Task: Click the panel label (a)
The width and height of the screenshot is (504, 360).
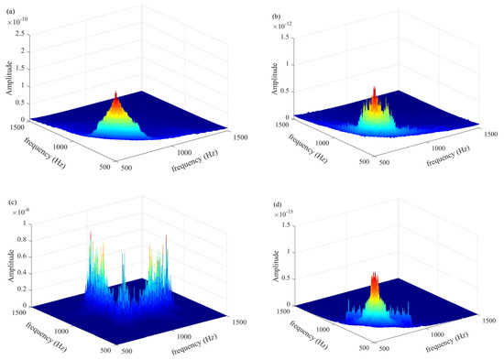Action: [x=10, y=12]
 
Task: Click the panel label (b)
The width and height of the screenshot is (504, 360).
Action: [x=276, y=16]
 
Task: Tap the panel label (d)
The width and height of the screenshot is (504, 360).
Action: [x=277, y=204]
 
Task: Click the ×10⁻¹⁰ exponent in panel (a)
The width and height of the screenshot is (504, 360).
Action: [x=17, y=22]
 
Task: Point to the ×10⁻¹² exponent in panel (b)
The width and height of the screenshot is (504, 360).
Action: [x=283, y=26]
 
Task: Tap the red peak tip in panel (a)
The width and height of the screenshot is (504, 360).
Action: [x=116, y=93]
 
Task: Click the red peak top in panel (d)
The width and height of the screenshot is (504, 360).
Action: [x=374, y=274]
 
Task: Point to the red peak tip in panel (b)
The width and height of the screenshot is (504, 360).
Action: [x=375, y=87]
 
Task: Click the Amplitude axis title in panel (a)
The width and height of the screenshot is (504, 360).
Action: [x=10, y=78]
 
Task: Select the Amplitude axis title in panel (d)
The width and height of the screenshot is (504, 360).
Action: [x=275, y=267]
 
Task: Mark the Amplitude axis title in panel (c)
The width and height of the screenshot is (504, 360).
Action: [x=11, y=266]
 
